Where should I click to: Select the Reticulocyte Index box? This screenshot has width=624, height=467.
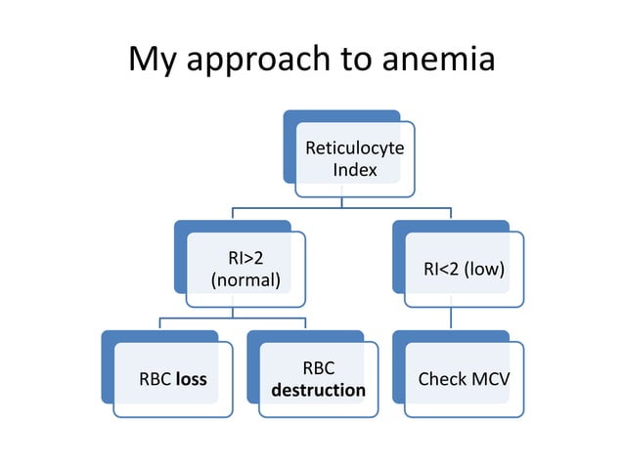click(x=355, y=159)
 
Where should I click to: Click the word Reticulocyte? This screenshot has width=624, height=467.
click(x=355, y=149)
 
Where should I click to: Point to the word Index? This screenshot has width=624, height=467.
click(x=355, y=171)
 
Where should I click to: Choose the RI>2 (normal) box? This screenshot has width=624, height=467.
click(x=245, y=270)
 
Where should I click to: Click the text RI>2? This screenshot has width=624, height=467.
click(x=245, y=259)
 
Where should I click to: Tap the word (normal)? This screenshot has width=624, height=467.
click(x=245, y=281)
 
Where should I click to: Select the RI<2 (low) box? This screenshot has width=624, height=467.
click(x=464, y=270)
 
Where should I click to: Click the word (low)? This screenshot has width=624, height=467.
click(x=484, y=270)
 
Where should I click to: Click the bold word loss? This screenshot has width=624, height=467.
click(x=192, y=379)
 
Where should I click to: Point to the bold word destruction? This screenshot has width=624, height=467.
click(x=318, y=391)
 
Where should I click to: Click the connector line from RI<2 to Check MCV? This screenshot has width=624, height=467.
click(x=451, y=319)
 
